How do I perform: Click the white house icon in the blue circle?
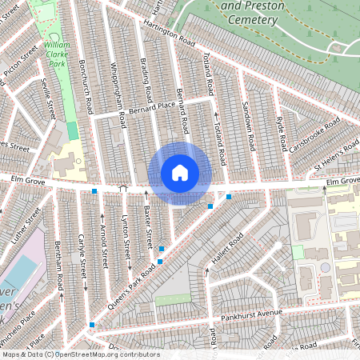180,173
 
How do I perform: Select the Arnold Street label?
104,245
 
